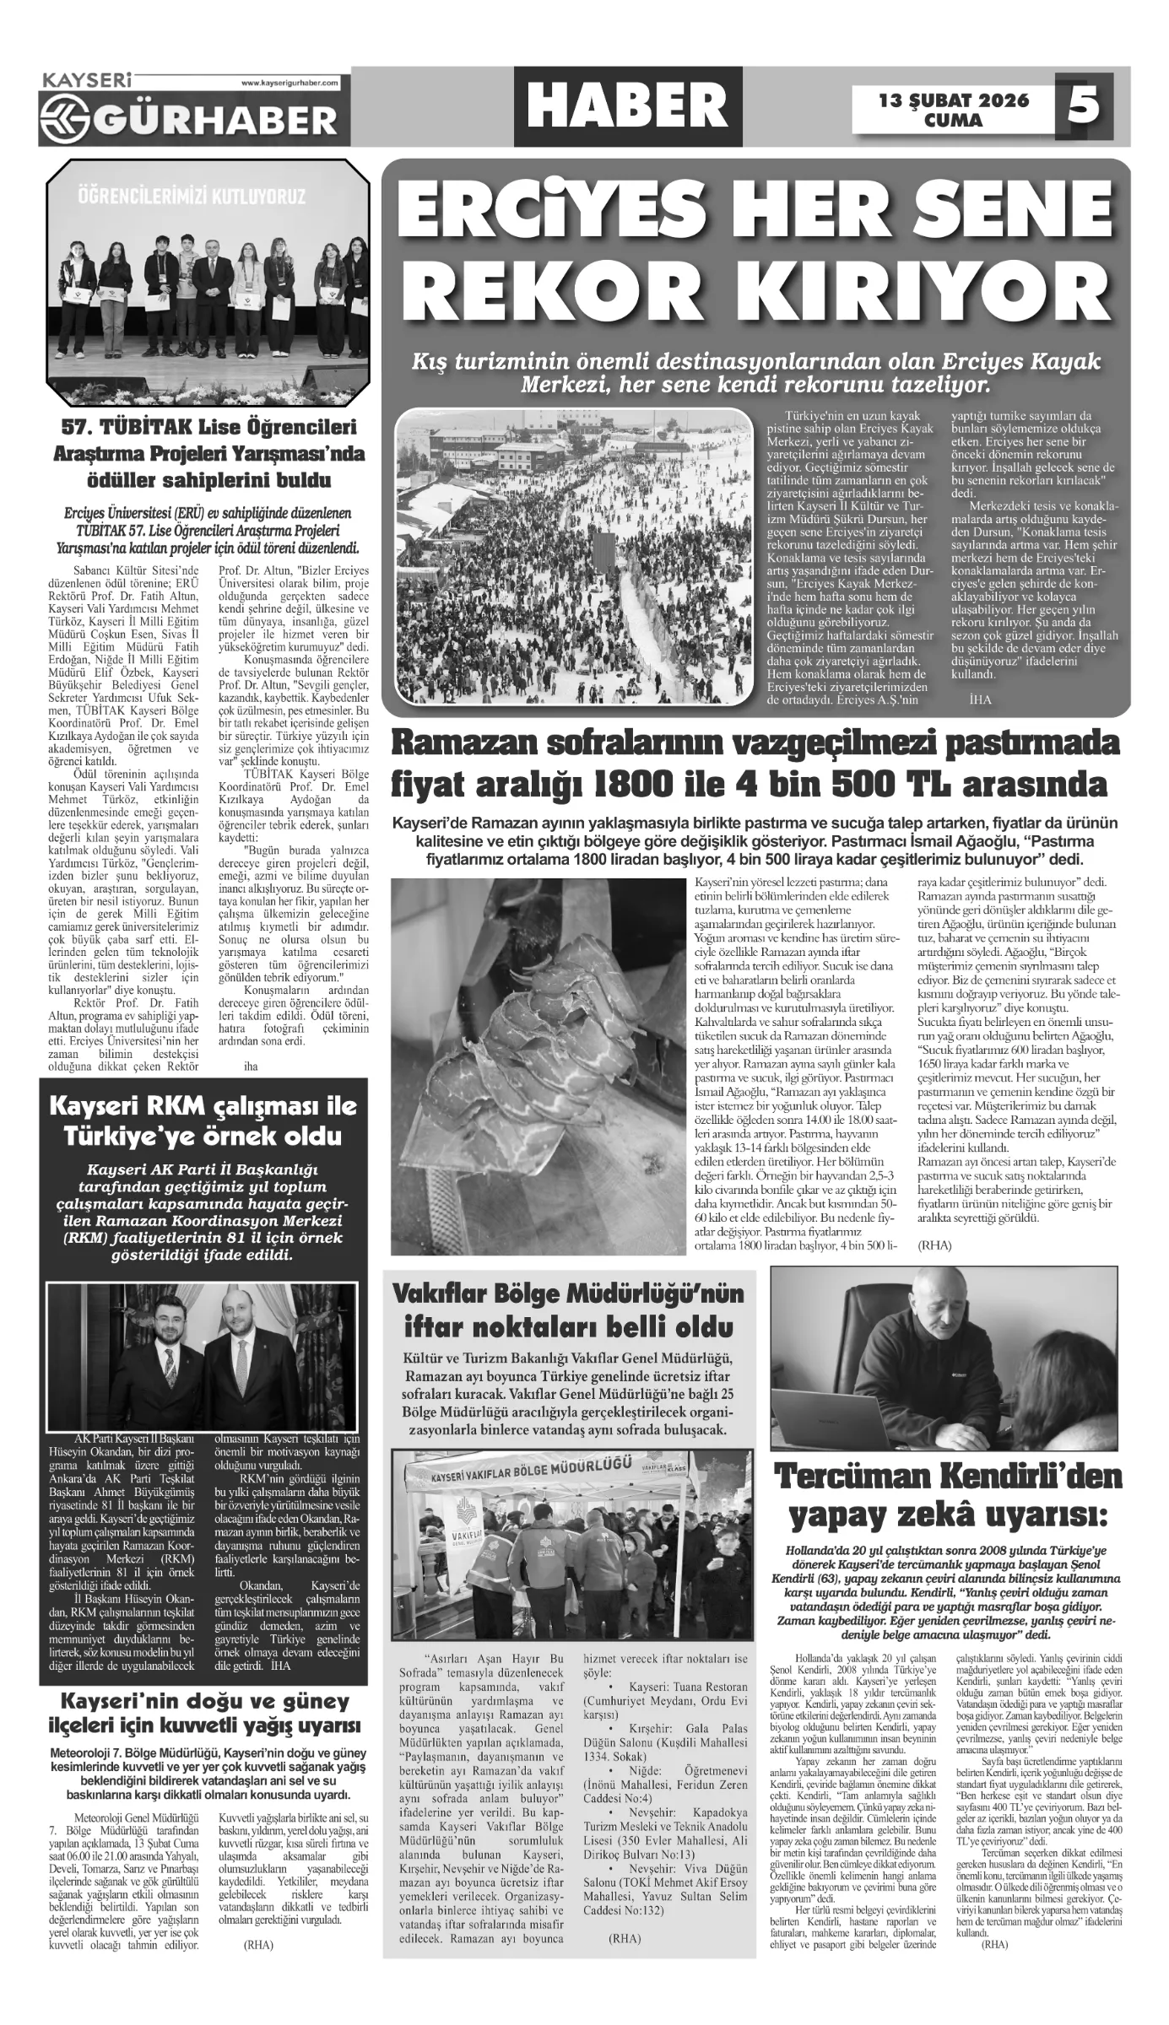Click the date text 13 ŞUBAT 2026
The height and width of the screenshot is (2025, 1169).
pos(954,100)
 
